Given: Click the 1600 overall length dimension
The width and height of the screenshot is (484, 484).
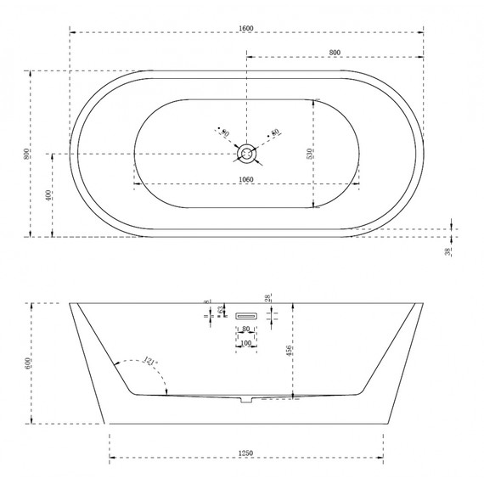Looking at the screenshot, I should point(246,29).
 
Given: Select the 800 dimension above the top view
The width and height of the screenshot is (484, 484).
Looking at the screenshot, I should point(335,53).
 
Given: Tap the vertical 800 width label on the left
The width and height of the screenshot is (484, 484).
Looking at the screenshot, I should point(28,154).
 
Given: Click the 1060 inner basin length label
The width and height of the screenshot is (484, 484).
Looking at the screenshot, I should point(246,179).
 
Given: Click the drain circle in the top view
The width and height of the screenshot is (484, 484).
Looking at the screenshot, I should point(246,154).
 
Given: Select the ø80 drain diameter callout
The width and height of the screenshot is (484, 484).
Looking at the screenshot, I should point(225,133).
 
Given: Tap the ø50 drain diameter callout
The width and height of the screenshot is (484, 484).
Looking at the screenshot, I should point(274,133).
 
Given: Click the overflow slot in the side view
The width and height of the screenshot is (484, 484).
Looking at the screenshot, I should point(246,313).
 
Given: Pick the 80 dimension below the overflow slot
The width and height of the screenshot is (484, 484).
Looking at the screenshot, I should point(246,329).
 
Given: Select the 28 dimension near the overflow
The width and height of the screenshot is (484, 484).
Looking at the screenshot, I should point(268,299).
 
